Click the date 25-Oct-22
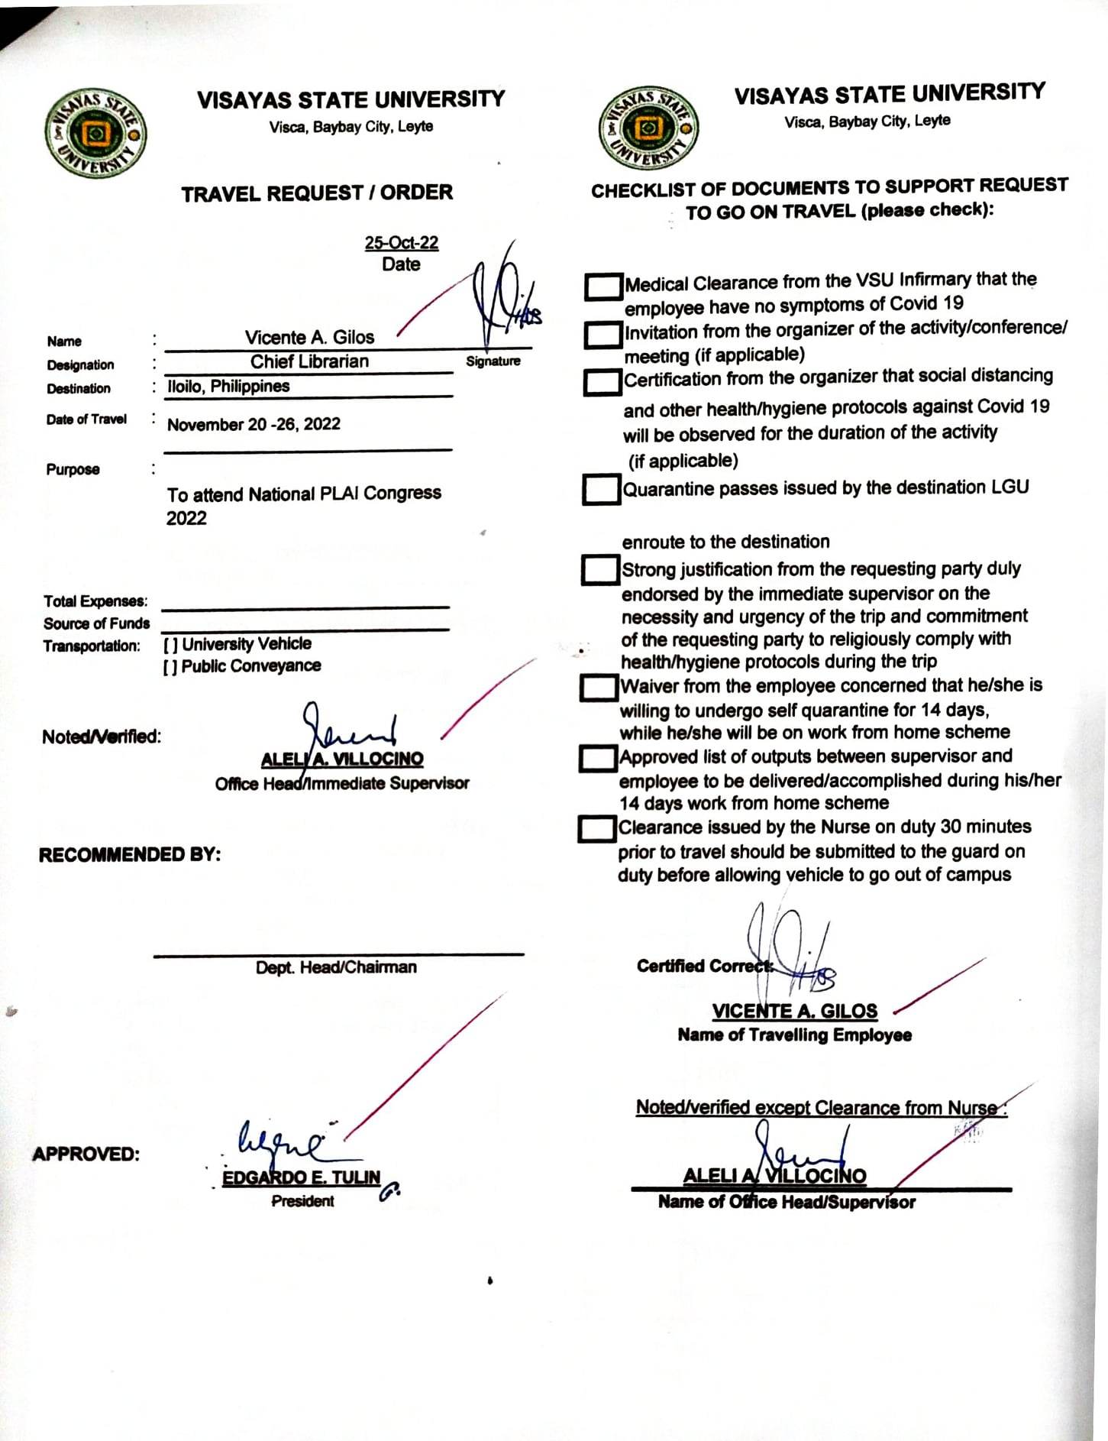point(401,243)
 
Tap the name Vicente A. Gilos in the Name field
point(309,337)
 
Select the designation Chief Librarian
point(309,361)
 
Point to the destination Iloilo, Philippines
point(228,387)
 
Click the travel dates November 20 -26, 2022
point(254,424)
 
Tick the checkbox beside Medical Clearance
point(603,287)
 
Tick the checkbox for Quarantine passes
point(600,489)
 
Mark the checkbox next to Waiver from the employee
point(597,687)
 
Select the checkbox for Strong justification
point(599,570)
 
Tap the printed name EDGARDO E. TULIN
point(301,1177)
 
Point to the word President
point(302,1201)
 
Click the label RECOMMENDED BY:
point(130,855)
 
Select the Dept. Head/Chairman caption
point(336,967)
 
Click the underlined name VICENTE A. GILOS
point(794,1011)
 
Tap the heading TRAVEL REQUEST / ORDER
point(317,193)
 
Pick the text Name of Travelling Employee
point(794,1035)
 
